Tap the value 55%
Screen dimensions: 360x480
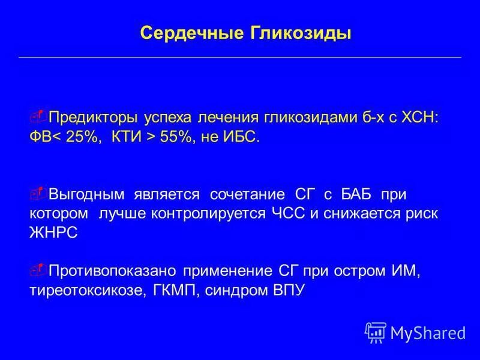point(176,137)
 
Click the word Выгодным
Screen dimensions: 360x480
point(86,194)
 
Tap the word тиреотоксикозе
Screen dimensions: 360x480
point(80,291)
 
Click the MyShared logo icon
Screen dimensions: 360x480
point(375,332)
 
